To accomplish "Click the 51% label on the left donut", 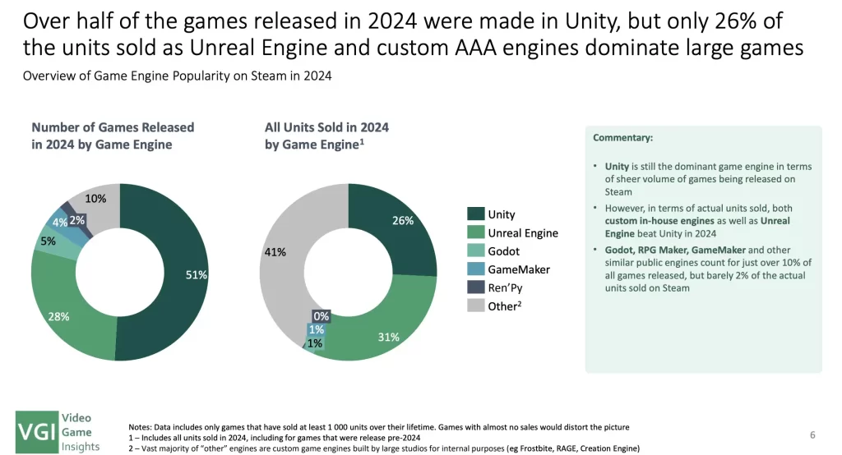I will coord(196,275).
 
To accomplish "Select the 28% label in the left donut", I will coord(58,316).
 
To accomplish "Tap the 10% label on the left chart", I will coord(96,199).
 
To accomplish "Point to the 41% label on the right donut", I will coord(275,252).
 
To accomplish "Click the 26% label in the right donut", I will coord(401,220).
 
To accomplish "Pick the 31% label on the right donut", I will coord(387,337).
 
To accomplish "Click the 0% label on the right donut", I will coord(321,315).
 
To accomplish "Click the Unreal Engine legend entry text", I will coord(523,233).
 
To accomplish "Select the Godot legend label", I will coord(504,251).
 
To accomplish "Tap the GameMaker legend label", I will coord(519,269).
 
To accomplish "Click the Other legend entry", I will coord(506,306).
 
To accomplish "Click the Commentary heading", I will coord(622,138).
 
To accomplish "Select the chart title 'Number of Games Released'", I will coord(113,127).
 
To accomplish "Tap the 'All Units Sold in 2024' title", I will coord(326,127).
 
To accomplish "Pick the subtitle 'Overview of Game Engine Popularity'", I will coord(177,76).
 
